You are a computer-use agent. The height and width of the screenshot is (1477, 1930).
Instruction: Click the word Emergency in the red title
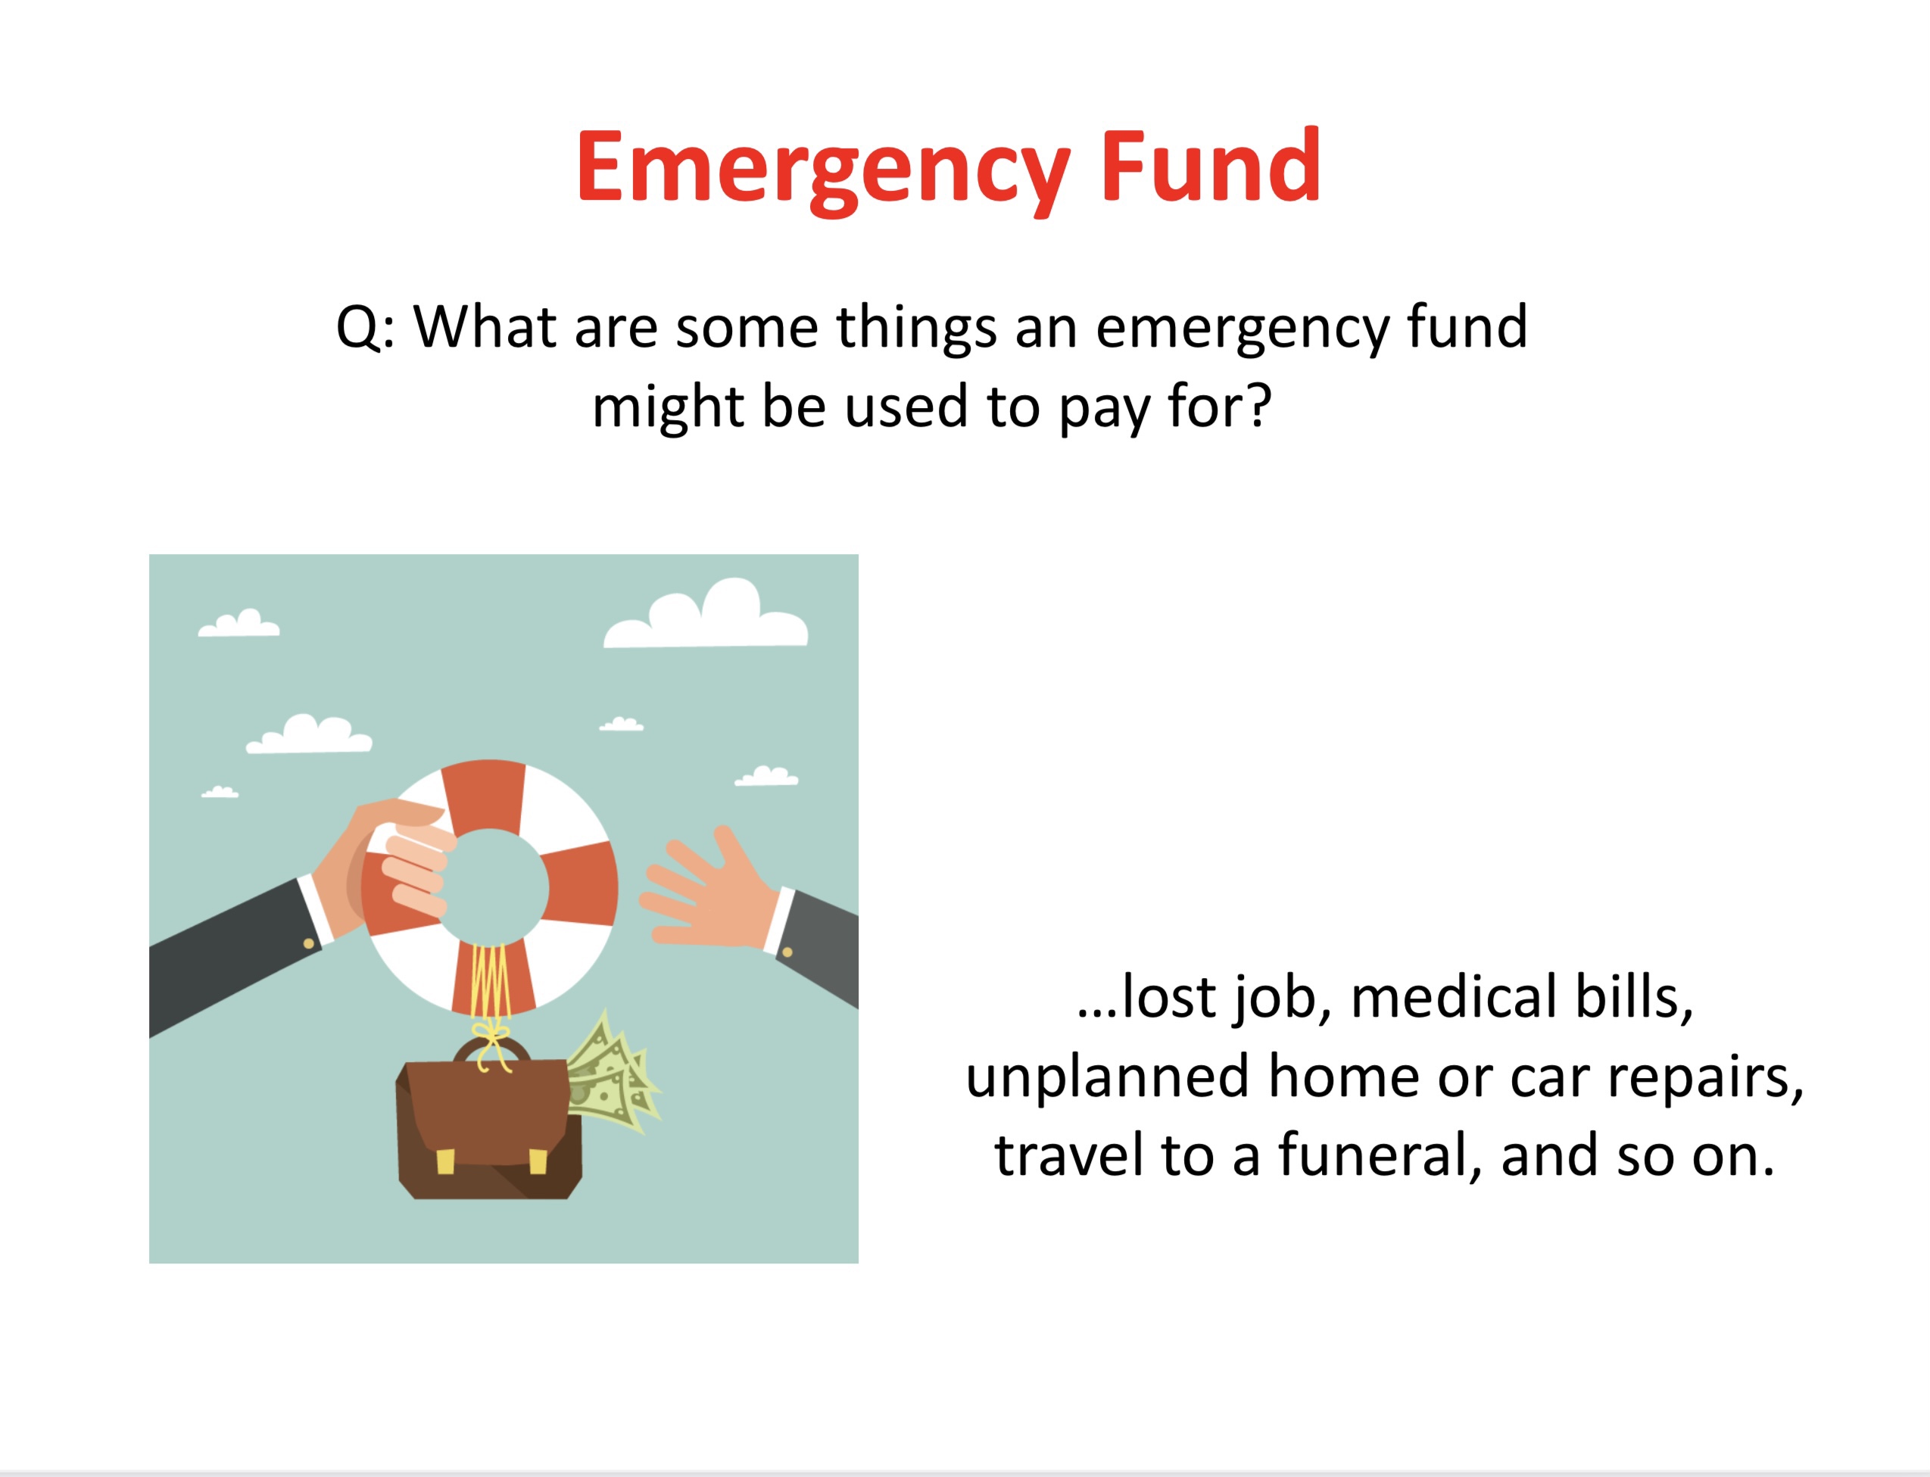tap(823, 170)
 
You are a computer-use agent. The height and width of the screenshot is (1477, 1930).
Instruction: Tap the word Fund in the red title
tap(1211, 164)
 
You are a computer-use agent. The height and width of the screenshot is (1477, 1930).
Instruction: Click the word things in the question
tap(916, 327)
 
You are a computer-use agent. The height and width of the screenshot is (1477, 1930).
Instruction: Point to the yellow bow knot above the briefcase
tap(491, 1037)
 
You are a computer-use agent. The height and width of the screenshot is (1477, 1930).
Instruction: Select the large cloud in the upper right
tap(705, 615)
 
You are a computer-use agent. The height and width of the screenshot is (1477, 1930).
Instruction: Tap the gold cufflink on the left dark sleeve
tap(309, 943)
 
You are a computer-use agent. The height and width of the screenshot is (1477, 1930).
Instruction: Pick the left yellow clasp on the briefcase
tap(446, 1161)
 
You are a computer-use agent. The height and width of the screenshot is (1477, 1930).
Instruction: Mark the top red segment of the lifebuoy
tap(484, 796)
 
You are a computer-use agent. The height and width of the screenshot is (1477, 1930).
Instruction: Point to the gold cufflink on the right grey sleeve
tap(787, 952)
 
